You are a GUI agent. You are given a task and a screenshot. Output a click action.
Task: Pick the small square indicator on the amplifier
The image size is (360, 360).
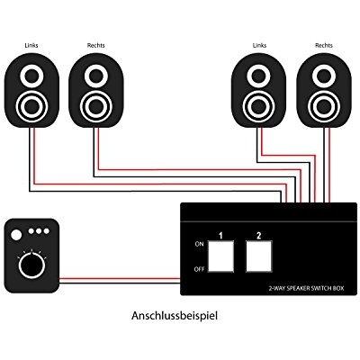[15, 234]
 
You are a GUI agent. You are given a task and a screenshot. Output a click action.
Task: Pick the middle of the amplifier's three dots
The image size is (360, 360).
[39, 232]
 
